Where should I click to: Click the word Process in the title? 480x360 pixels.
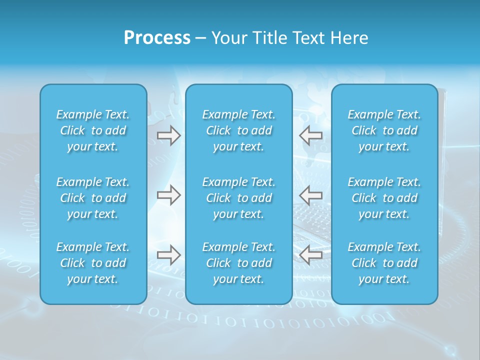pyautogui.click(x=157, y=38)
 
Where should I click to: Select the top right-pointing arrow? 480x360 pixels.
pyautogui.click(x=169, y=135)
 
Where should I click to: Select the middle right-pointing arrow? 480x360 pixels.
pyautogui.click(x=169, y=195)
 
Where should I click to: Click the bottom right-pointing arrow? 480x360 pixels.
pyautogui.click(x=169, y=255)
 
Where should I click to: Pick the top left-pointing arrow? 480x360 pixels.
pyautogui.click(x=311, y=135)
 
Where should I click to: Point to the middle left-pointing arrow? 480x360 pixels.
pyautogui.click(x=311, y=195)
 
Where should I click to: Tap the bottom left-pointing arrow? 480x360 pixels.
pyautogui.click(x=311, y=255)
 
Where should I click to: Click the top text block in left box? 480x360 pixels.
pyautogui.click(x=93, y=130)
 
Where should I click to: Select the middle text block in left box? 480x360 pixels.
pyautogui.click(x=93, y=198)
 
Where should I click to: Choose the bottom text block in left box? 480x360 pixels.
pyautogui.click(x=93, y=263)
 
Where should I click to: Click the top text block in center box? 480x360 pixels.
pyautogui.click(x=239, y=130)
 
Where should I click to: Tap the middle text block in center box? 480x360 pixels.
pyautogui.click(x=239, y=198)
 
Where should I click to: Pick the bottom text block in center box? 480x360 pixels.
pyautogui.click(x=239, y=263)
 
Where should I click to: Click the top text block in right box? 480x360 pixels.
pyautogui.click(x=384, y=130)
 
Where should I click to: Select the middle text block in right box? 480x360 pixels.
pyautogui.click(x=384, y=198)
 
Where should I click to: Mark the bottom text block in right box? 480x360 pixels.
pyautogui.click(x=384, y=263)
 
